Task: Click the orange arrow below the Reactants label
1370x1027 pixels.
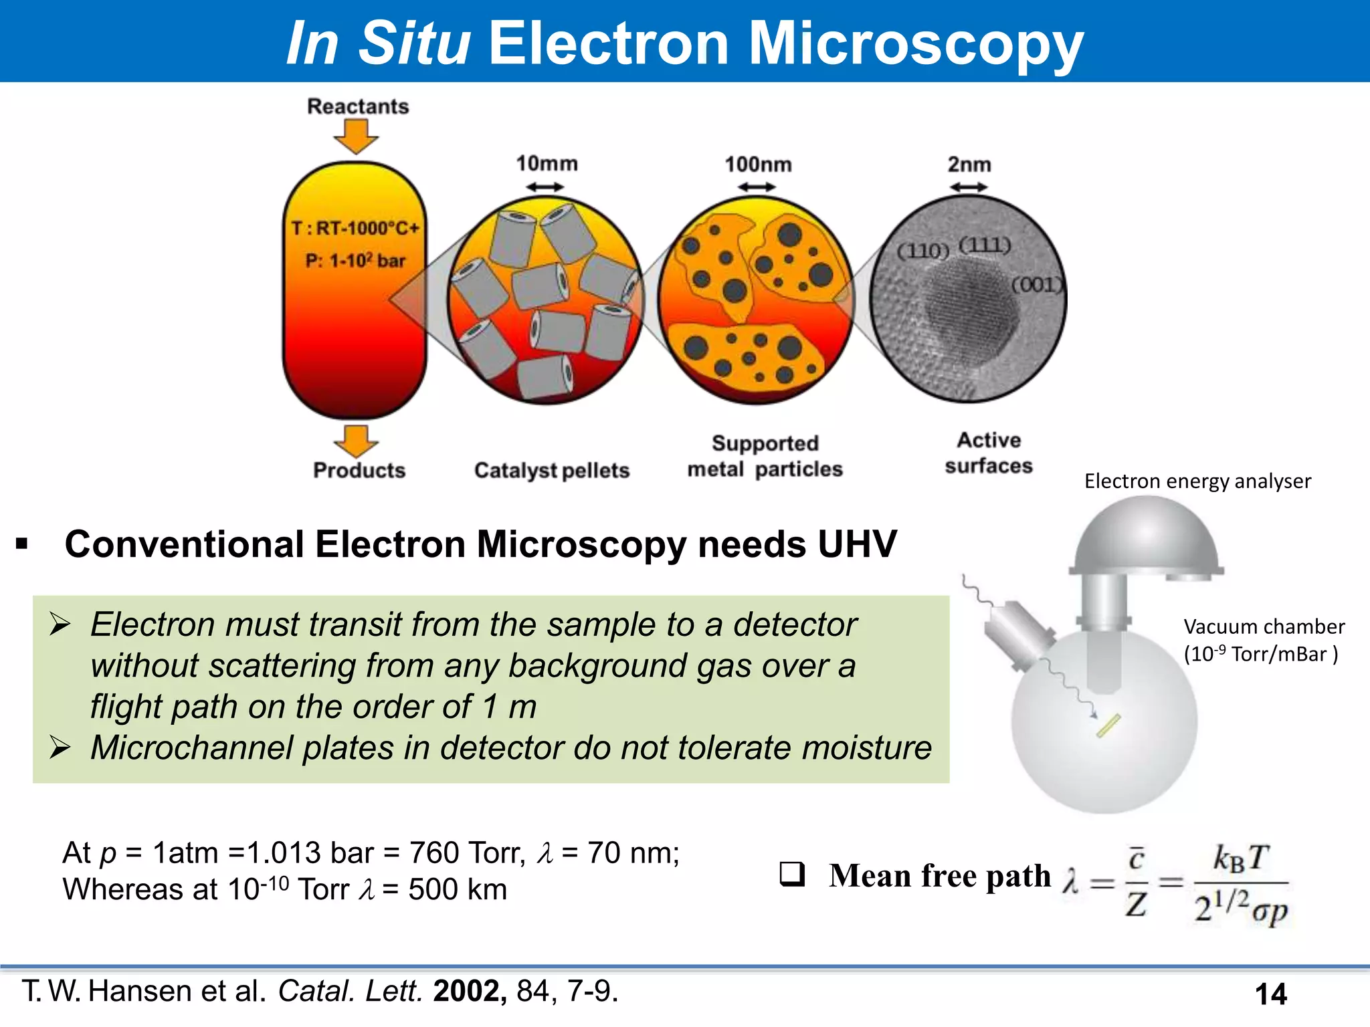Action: point(356,136)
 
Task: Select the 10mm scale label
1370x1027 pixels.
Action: point(547,163)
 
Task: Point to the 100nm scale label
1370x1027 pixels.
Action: point(758,164)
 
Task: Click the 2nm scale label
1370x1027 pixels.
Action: point(969,164)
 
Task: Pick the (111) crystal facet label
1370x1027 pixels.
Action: point(984,245)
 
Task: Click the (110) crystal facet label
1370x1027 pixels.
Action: point(922,251)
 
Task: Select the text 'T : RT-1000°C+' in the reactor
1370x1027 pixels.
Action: point(355,229)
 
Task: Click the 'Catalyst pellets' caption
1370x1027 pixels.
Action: point(552,470)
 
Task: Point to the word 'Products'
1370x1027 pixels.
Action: point(359,470)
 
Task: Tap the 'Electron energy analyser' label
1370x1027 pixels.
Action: point(1197,481)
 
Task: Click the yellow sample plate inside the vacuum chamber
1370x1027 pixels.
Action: point(1108,726)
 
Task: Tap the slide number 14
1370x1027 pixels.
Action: point(1270,994)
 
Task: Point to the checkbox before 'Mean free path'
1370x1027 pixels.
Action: point(792,875)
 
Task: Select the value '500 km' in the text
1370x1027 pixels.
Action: point(458,889)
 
